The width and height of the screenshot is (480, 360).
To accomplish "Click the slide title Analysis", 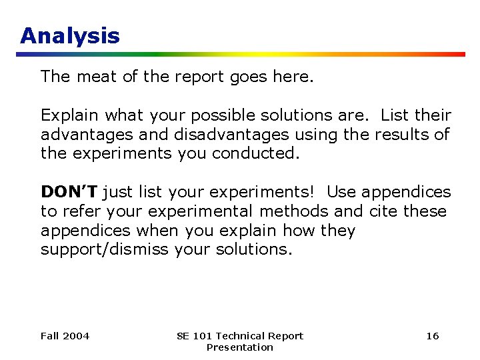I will [70, 35].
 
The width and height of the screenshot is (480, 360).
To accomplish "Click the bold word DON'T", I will [69, 192].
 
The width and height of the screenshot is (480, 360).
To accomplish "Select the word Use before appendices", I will [342, 192].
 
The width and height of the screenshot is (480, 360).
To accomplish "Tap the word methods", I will [294, 211].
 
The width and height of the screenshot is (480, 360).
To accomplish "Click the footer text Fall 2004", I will [65, 336].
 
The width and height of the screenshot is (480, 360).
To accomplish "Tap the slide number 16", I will [433, 336].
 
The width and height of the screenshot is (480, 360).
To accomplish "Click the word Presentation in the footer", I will [239, 347].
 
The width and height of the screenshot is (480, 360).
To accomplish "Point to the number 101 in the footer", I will [204, 336].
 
